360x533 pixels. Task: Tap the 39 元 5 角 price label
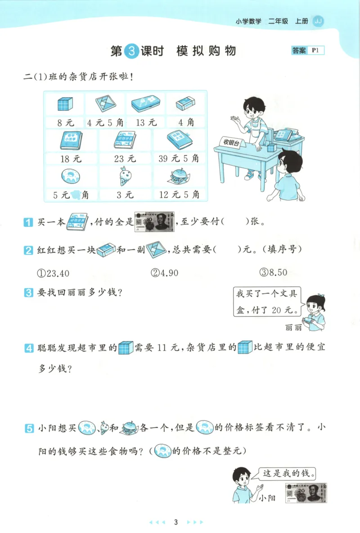coord(179,158)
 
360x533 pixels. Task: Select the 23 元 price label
coord(125,158)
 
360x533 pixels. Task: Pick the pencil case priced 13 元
coord(145,104)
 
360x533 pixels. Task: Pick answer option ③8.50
coord(273,273)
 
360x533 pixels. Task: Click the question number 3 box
coord(28,293)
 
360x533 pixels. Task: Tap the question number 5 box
coord(28,427)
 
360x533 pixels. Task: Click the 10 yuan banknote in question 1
coord(154,222)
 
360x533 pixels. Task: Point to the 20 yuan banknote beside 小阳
coord(306,493)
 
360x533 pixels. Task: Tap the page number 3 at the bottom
coord(176,522)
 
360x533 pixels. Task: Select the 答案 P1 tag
coord(307,51)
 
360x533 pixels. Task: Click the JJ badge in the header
coord(318,21)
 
